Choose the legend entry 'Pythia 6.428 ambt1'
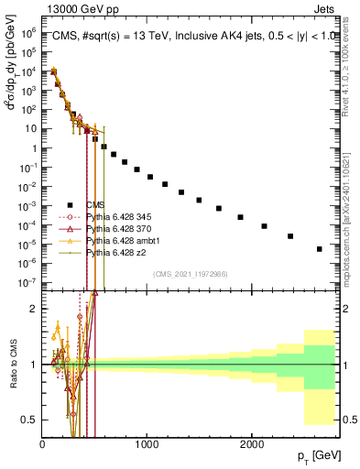[123, 241]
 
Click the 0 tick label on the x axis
[43, 442]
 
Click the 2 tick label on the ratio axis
[35, 309]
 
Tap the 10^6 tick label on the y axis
[29, 30]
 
